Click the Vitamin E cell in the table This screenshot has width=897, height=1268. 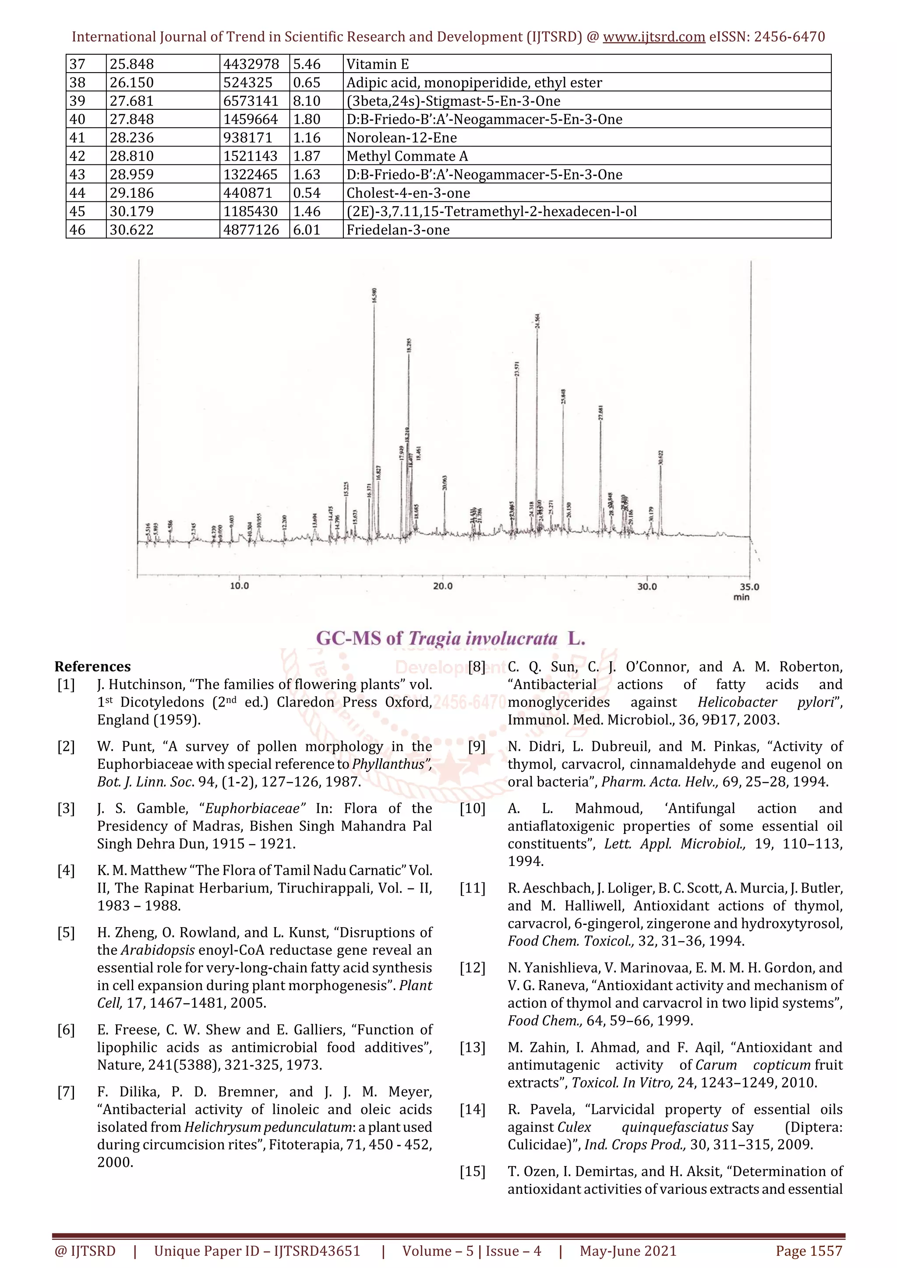[378, 64]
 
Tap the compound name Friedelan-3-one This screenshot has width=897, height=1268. [398, 230]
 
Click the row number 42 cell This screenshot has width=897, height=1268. [78, 156]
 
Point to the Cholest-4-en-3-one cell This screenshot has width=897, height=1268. [408, 193]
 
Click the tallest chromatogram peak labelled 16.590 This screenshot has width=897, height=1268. [374, 387]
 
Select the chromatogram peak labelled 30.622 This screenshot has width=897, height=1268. [660, 497]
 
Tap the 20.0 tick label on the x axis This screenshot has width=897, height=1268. [443, 586]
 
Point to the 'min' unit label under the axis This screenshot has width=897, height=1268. [741, 597]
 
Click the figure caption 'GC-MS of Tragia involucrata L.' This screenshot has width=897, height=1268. [450, 638]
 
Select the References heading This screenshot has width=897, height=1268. [92, 666]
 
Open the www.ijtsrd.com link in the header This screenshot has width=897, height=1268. [654, 37]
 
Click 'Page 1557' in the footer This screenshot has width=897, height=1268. [809, 1251]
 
